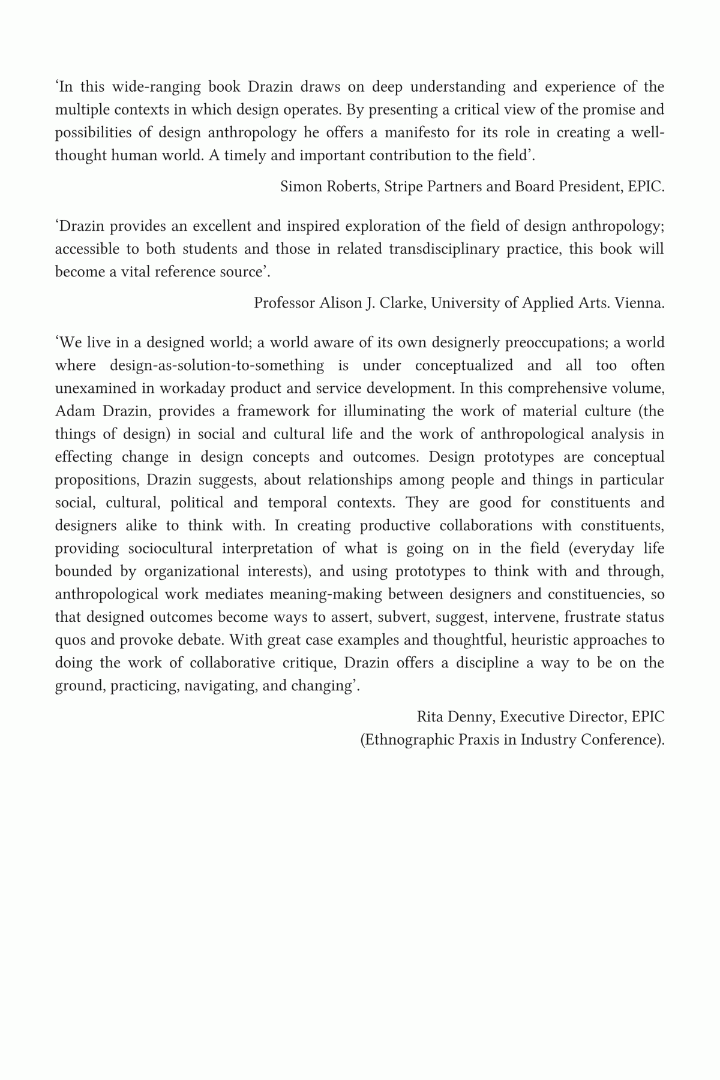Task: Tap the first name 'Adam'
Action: click(x=71, y=411)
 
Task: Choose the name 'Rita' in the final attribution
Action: click(x=431, y=717)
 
